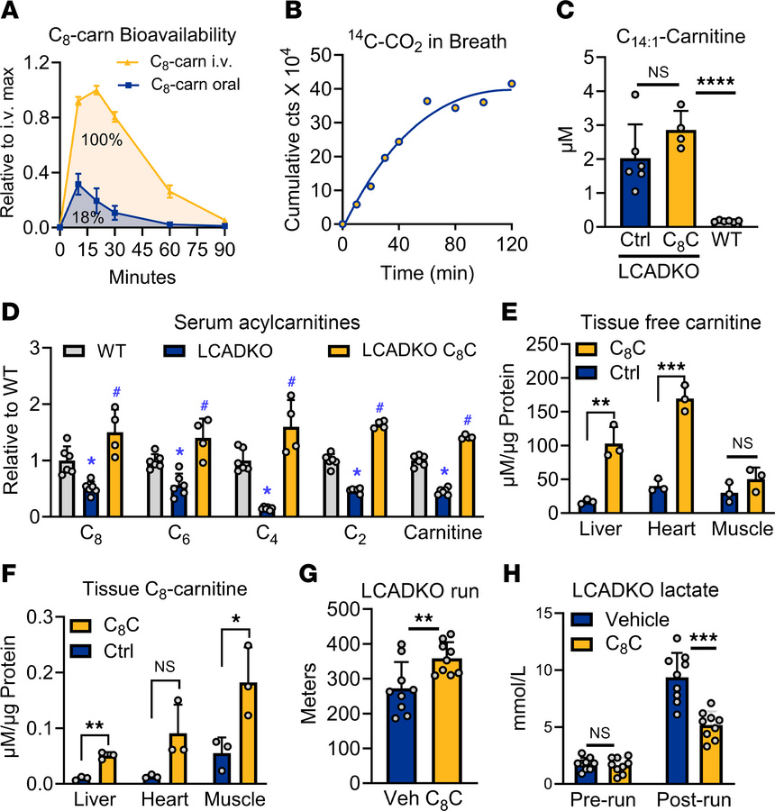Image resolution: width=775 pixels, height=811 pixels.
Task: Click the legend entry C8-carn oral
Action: click(180, 87)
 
